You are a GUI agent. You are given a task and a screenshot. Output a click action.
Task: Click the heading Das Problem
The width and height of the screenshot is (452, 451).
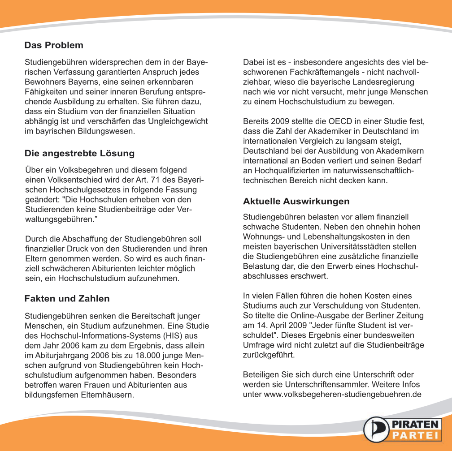coord(54,45)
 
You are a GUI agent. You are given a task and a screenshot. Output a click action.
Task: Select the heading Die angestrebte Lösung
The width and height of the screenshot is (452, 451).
coord(79,153)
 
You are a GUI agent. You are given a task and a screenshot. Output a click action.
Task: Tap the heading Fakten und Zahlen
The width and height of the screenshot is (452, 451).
coord(67,298)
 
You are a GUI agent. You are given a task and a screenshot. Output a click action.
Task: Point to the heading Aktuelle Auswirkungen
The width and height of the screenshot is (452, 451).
coord(296,201)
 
